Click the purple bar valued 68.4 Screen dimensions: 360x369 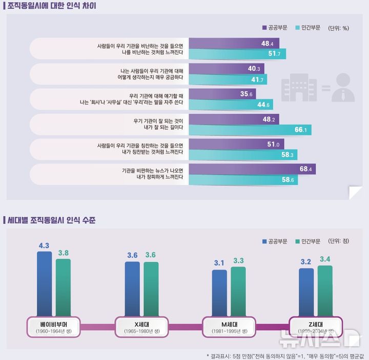coord(251,168)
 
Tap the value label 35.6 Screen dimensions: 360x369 coord(247,94)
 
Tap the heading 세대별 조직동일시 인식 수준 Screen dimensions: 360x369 coord(51,221)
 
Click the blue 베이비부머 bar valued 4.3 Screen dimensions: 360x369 coord(44,284)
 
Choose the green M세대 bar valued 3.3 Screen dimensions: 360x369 coord(238,292)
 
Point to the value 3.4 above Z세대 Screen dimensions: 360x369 coord(325,259)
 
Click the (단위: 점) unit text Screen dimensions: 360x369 coord(339,241)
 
